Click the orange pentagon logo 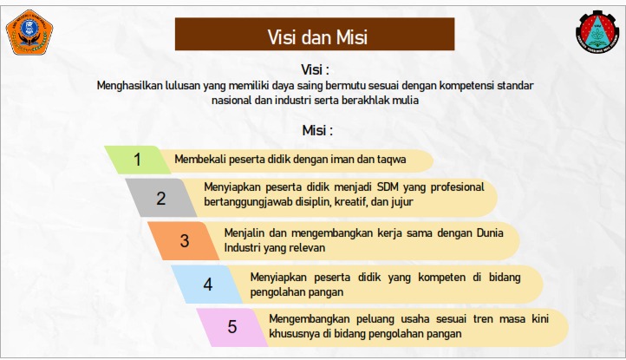point(29,32)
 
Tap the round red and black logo point(597,32)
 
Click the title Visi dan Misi point(317,37)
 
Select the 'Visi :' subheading point(315,69)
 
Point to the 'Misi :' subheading point(317,130)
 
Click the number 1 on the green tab point(137,160)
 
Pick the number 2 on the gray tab point(161,198)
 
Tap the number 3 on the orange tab point(185,240)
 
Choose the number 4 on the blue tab point(208,284)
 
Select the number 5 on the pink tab point(232,326)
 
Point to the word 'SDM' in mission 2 point(386,187)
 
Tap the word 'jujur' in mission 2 point(402,202)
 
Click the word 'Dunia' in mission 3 point(490,233)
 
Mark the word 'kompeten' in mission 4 point(442,278)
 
